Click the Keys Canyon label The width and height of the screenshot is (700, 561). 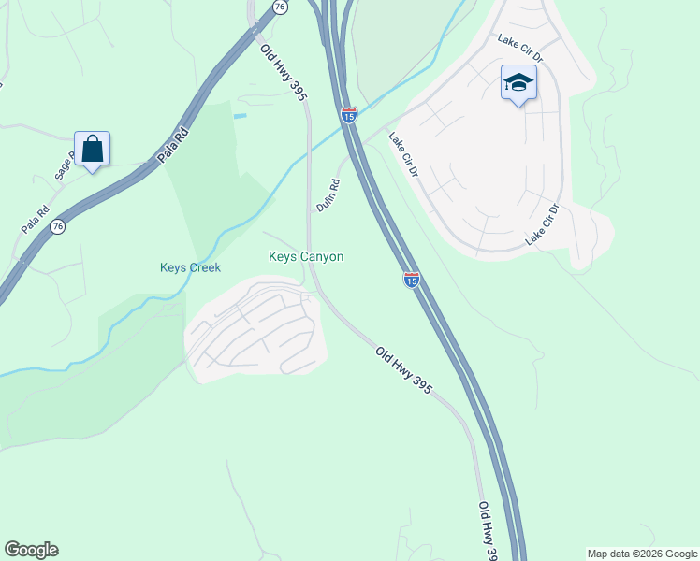(306, 256)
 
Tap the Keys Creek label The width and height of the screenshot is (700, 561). (190, 267)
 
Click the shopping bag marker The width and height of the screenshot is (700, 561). (92, 150)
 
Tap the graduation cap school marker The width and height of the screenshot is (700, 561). (518, 84)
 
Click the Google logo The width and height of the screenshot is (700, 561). (31, 550)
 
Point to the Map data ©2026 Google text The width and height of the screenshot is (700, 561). (642, 554)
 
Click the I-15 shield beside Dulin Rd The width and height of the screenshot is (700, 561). (349, 115)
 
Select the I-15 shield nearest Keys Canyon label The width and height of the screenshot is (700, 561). (412, 279)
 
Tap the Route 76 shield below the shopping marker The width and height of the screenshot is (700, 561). (58, 226)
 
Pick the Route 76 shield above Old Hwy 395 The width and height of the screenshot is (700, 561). (280, 7)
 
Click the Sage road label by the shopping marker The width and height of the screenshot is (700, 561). (63, 167)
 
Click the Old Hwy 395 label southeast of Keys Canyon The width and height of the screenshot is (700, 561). (403, 369)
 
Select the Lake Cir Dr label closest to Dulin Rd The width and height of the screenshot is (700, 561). (403, 155)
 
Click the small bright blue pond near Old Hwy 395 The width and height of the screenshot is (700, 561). (241, 115)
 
